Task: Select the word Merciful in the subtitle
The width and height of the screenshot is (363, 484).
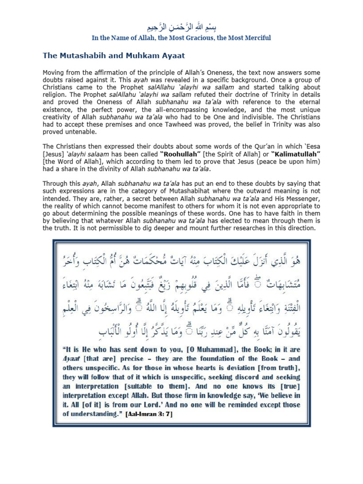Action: click(254, 38)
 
